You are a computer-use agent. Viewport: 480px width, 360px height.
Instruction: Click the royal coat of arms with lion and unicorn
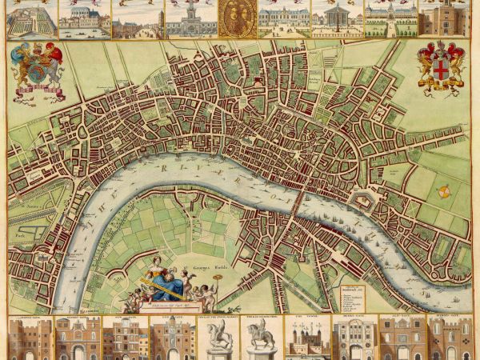coord(36,71)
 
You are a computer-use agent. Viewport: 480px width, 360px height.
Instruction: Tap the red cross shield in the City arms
coord(441,70)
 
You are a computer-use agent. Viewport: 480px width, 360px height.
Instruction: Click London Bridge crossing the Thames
coord(297,200)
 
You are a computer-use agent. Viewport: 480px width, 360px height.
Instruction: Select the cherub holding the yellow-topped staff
coord(204,290)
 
